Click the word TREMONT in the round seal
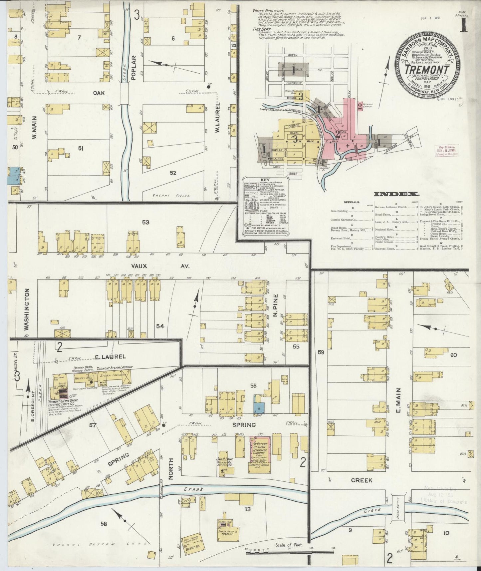click(426, 69)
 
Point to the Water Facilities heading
click(268, 11)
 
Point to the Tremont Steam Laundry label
click(115, 367)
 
